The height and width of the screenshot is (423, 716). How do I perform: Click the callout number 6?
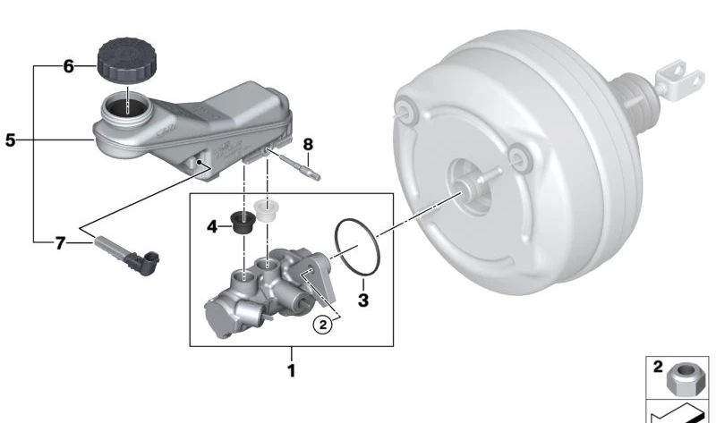tap(66, 65)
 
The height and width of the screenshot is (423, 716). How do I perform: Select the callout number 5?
tap(10, 140)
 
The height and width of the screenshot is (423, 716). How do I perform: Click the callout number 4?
tap(212, 227)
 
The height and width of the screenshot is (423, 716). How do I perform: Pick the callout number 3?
tap(363, 301)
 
